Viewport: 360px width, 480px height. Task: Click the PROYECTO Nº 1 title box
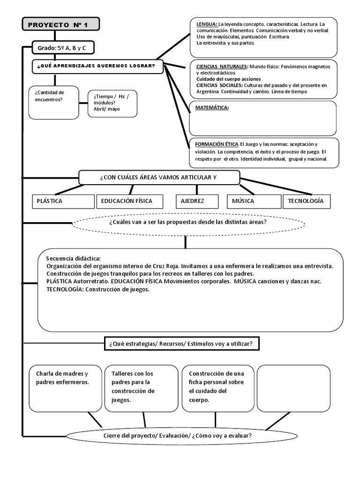point(60,25)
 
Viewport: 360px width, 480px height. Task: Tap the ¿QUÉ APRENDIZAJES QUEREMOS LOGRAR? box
point(97,66)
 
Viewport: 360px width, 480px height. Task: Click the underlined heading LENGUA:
point(207,24)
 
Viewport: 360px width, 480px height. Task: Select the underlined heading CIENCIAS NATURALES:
point(222,67)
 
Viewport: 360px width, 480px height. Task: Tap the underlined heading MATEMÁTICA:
point(212,108)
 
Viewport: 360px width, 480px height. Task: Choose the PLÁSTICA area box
point(63,201)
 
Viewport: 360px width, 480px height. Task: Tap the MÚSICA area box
point(253,201)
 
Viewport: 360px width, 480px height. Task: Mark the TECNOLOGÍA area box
point(307,201)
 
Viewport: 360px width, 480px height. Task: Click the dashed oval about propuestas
point(187,222)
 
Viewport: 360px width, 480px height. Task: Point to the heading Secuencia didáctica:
point(74,259)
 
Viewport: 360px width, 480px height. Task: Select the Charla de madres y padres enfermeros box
point(65,388)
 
